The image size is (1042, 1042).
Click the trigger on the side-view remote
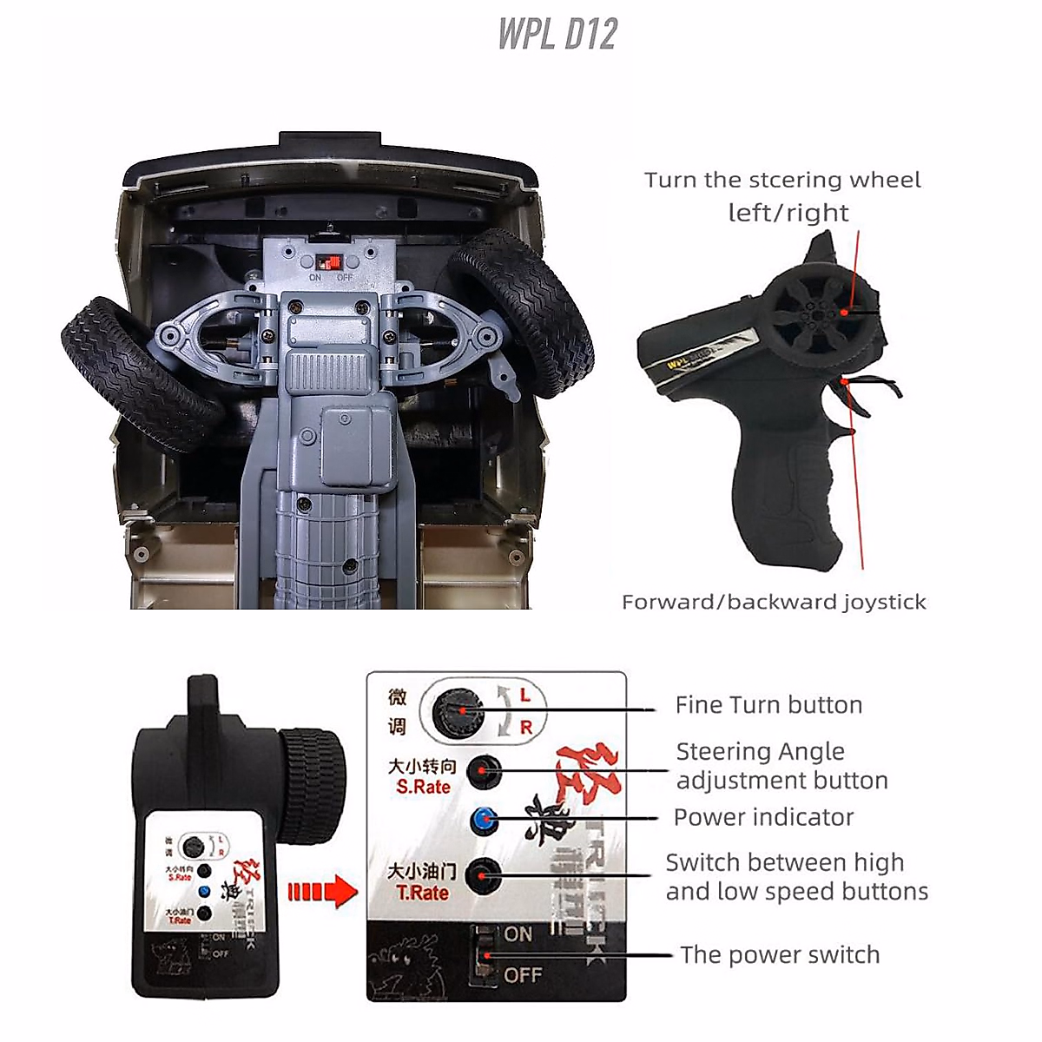coord(855,395)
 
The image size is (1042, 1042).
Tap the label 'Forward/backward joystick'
coord(774,602)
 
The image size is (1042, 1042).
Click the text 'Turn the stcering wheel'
coord(782,180)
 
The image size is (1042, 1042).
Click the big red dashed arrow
coord(321,892)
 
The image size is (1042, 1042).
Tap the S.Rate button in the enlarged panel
coord(484,770)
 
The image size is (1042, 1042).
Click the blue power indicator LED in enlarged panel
coord(484,819)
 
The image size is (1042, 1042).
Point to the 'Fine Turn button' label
coord(768,705)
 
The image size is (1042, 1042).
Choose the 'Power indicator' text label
coord(763,817)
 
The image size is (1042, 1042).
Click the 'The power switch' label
coord(779,955)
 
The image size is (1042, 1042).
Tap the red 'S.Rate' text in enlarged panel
coord(423,788)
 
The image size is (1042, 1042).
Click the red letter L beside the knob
coord(525,696)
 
